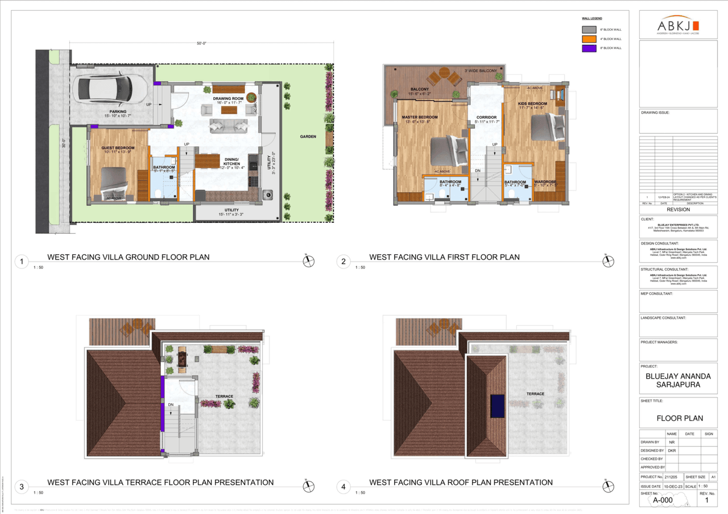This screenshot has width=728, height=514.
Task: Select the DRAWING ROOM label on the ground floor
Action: pyautogui.click(x=228, y=98)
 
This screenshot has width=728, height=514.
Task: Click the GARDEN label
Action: pyautogui.click(x=309, y=136)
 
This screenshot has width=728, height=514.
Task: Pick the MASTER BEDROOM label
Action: pyautogui.click(x=420, y=117)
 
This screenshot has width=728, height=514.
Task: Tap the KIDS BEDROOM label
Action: pyautogui.click(x=533, y=103)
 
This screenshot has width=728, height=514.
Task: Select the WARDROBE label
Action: pyautogui.click(x=545, y=182)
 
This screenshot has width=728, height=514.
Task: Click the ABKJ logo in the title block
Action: pyautogui.click(x=678, y=26)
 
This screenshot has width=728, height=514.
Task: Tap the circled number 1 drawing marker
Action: pyautogui.click(x=21, y=262)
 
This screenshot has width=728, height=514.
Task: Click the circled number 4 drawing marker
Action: pyautogui.click(x=344, y=487)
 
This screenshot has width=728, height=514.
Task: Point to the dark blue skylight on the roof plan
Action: pyautogui.click(x=497, y=405)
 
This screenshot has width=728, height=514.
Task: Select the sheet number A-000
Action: pyautogui.click(x=662, y=500)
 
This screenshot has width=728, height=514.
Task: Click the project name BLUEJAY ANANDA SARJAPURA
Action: pyautogui.click(x=678, y=380)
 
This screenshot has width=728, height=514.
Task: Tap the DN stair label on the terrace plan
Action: pyautogui.click(x=170, y=405)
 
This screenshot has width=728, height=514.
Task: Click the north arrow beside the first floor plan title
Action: pyautogui.click(x=608, y=261)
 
